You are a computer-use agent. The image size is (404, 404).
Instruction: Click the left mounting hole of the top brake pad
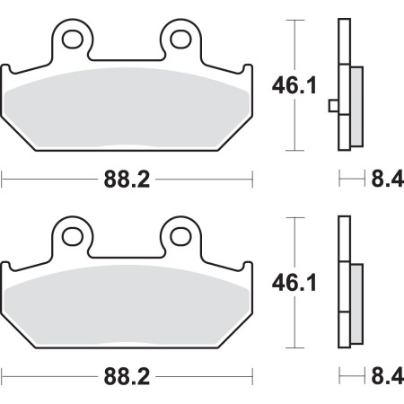[x=73, y=40]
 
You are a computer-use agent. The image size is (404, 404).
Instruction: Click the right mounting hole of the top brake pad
[x=180, y=40]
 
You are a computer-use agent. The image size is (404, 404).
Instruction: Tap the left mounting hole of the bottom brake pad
[x=73, y=237]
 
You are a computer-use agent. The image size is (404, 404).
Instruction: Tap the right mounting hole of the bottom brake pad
[x=180, y=237]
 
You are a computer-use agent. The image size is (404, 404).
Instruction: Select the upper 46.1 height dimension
[x=294, y=85]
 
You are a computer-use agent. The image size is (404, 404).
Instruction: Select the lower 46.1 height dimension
[x=294, y=283]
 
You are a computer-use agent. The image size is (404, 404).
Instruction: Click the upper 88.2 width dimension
[x=127, y=180]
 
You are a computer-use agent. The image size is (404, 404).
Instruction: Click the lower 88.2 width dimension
[x=127, y=377]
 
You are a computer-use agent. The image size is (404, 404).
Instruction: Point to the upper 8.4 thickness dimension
[x=388, y=180]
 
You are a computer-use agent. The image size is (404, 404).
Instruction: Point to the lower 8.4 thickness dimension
[x=388, y=377]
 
